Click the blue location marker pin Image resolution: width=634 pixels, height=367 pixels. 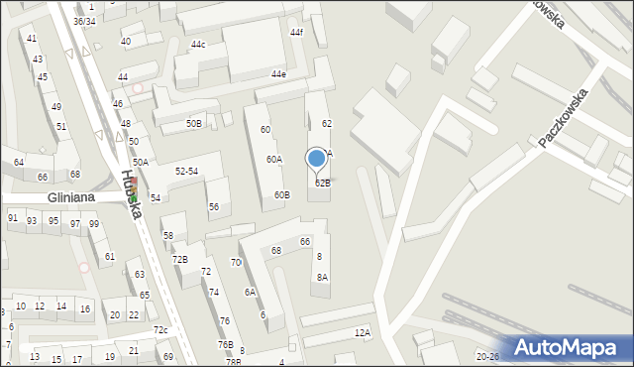click(317, 160)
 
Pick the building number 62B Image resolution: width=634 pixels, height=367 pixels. click(323, 183)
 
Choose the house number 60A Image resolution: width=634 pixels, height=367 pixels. click(273, 160)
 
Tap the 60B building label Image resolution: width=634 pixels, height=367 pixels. click(282, 195)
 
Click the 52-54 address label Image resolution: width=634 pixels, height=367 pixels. click(186, 172)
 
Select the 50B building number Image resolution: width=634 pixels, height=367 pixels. click(194, 124)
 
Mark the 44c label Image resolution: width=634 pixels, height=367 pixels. click(199, 45)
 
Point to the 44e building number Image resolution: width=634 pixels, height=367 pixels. click(278, 74)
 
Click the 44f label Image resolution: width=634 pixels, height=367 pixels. click(296, 33)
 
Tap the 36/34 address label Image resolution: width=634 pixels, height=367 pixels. click(84, 21)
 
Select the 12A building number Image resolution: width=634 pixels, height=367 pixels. click(363, 333)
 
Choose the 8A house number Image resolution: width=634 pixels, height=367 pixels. click(322, 278)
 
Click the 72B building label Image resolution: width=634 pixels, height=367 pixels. click(179, 260)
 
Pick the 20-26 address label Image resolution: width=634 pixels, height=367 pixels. click(487, 356)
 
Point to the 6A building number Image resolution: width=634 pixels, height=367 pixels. click(251, 293)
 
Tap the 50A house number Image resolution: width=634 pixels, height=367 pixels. click(141, 162)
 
